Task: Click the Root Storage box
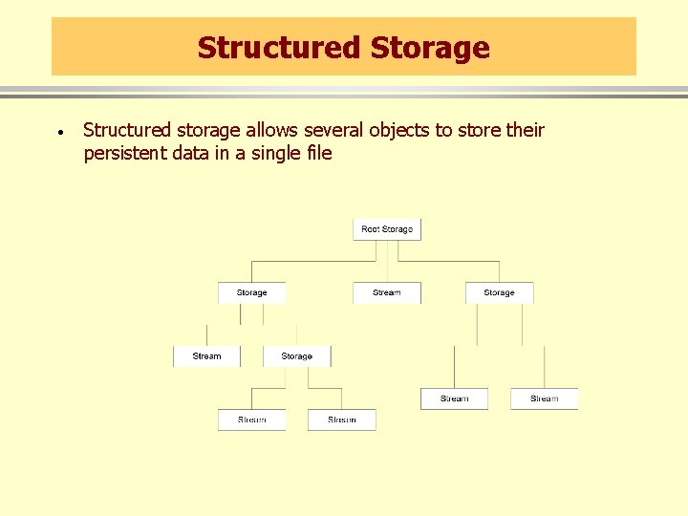pos(387,229)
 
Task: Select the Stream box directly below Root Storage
pos(387,292)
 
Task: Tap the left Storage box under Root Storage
pos(251,292)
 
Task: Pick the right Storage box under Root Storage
pos(499,292)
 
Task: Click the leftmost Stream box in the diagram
pos(206,356)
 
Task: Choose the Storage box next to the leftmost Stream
pos(296,356)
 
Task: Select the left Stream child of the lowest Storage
pos(251,419)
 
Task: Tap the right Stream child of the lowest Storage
pos(341,419)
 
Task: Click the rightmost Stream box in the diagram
pos(544,398)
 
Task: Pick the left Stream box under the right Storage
pos(454,398)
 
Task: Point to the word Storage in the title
pos(429,48)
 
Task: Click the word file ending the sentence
pos(319,153)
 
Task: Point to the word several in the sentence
pos(333,130)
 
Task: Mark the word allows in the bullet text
pos(271,130)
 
